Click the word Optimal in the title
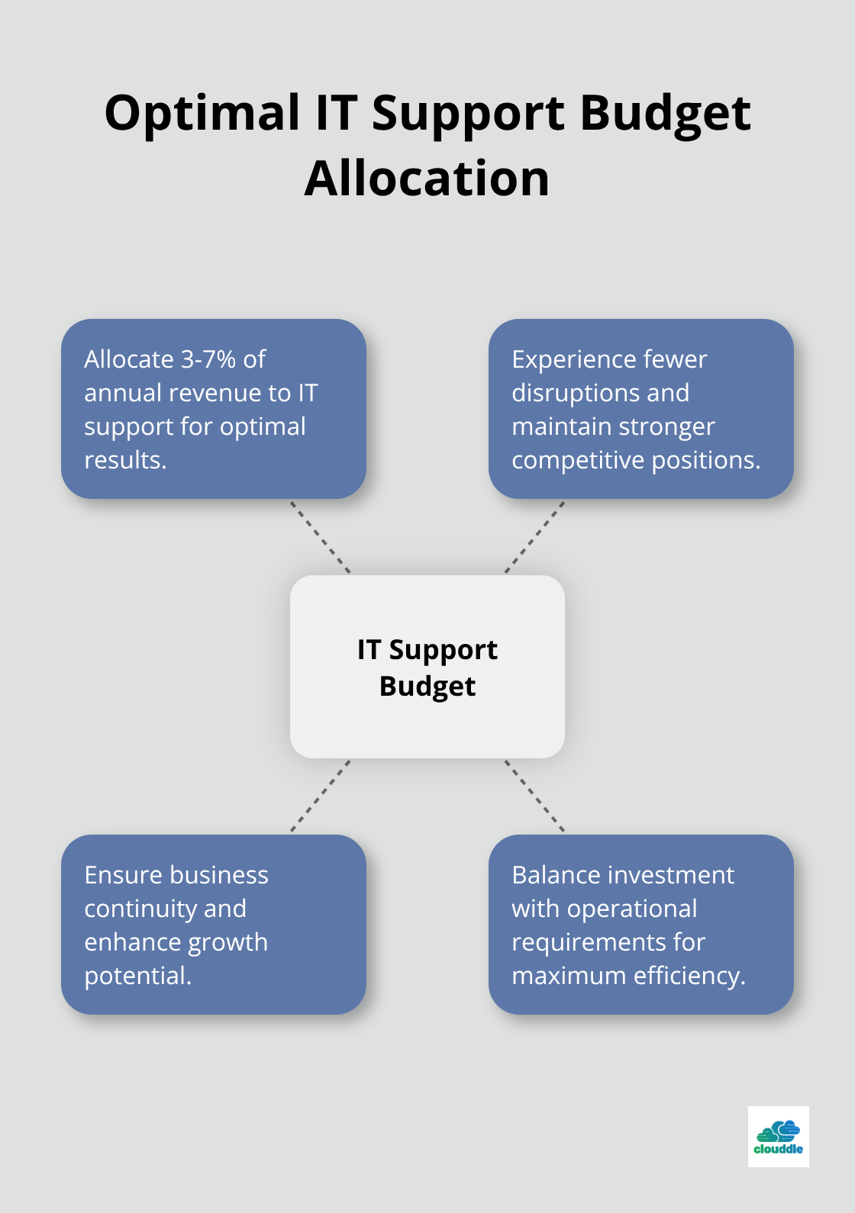[x=202, y=114]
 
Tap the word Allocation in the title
[x=427, y=179]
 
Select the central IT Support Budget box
[x=427, y=667]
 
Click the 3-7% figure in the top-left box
[x=208, y=359]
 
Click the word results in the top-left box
[x=125, y=460]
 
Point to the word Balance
[x=553, y=874]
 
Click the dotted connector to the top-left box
[x=320, y=537]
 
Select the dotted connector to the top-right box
[x=534, y=537]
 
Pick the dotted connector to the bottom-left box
[x=320, y=796]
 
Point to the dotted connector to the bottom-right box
[x=534, y=796]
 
